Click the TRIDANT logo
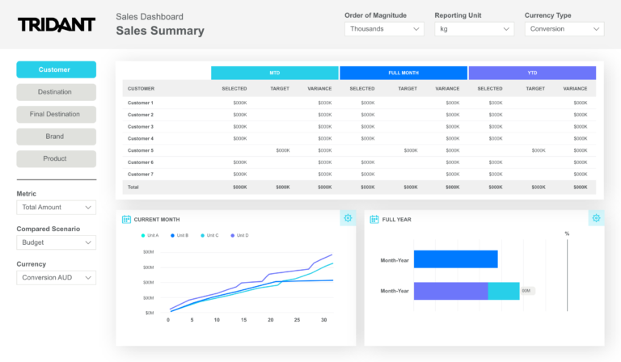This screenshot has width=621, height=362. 56,25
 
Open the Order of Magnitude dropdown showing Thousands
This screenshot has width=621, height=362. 384,29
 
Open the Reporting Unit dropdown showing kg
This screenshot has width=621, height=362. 474,29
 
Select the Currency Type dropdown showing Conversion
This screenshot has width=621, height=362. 564,29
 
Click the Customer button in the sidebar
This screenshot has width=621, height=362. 56,69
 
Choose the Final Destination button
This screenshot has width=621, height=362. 56,114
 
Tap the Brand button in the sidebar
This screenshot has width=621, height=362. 56,137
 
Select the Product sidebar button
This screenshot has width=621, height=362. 56,158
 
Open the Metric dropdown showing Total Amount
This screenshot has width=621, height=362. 56,208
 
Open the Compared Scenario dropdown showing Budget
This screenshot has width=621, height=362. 56,242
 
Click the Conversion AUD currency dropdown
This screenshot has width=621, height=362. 56,278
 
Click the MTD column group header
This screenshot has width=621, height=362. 275,73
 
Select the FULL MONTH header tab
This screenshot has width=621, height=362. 403,73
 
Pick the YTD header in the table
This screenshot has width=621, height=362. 532,73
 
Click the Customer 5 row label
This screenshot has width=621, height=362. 141,150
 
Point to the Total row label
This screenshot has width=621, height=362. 133,187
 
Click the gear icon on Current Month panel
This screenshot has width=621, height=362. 348,218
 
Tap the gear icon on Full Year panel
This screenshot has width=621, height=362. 596,218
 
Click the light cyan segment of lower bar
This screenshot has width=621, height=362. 503,291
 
